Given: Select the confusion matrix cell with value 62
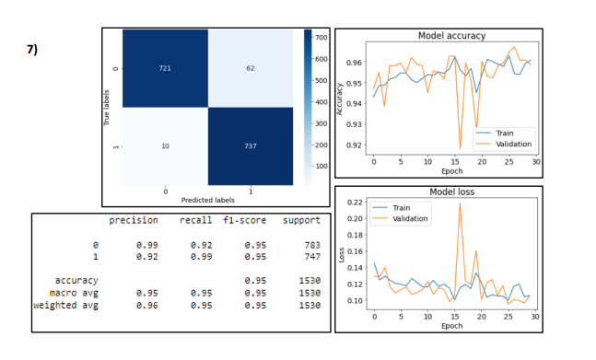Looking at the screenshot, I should pos(250,68).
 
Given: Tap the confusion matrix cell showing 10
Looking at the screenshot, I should pos(165,145).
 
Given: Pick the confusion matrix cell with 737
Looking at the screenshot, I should pos(250,145).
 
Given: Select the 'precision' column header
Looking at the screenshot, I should pos(134,220).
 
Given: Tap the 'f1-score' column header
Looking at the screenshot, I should pos(244,220).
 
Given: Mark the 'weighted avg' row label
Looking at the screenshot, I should pos(65,305).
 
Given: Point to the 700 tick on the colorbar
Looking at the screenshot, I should pos(321,38).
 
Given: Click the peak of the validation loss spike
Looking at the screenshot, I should pos(459,203).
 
